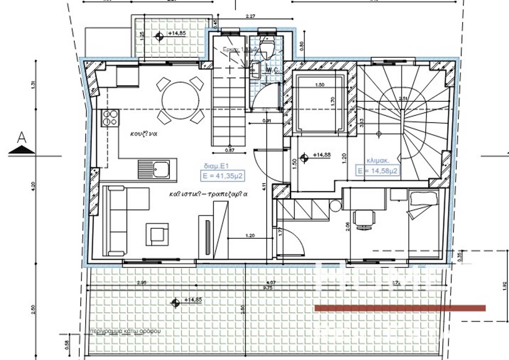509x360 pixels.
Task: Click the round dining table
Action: [180, 100]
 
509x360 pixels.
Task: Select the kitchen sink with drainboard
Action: [154, 169]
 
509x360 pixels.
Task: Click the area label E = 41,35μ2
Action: [222, 176]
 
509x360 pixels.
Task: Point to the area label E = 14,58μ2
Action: [377, 171]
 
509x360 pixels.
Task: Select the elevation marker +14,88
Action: [322, 155]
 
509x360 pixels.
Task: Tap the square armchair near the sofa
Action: [157, 234]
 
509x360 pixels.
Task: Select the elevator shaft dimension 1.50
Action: [319, 85]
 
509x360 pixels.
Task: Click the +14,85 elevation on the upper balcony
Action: [177, 33]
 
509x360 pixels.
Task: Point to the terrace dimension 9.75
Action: [268, 288]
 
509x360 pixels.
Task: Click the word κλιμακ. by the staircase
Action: [378, 160]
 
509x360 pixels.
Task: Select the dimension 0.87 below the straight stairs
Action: [230, 150]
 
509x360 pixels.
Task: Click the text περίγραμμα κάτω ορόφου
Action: [125, 331]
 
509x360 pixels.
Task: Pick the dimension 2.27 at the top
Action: [250, 16]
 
